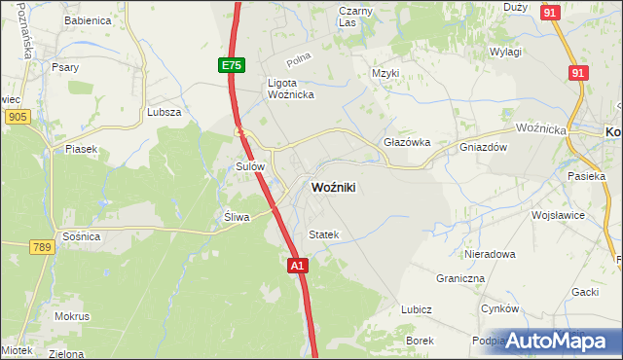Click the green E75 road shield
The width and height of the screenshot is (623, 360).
click(x=230, y=65)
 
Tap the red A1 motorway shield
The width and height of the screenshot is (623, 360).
click(x=298, y=265)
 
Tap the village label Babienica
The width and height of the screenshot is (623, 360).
click(x=87, y=19)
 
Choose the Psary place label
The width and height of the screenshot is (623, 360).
click(x=66, y=67)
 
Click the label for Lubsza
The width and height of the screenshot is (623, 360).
click(x=164, y=112)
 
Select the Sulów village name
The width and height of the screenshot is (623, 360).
click(x=251, y=166)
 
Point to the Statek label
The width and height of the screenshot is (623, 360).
click(x=323, y=234)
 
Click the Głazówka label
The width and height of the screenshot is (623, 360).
click(x=407, y=141)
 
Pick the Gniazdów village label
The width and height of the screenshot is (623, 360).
click(x=485, y=147)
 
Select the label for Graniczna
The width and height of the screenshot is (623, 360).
click(x=460, y=277)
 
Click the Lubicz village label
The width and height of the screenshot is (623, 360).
click(x=416, y=309)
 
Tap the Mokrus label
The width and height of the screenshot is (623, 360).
click(x=72, y=316)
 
